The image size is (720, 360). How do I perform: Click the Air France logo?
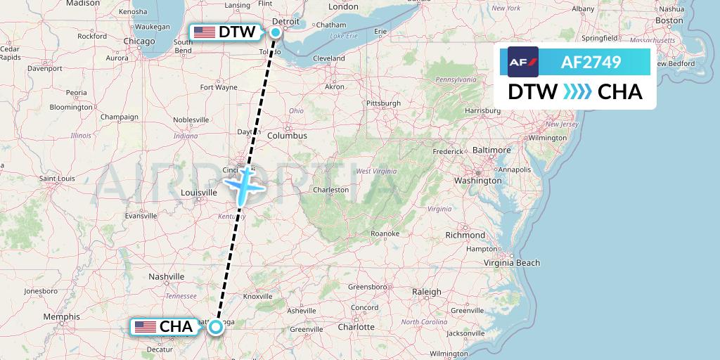[523, 62]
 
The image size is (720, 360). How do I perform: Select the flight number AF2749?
[591, 62]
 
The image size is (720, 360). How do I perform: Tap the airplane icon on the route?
[243, 186]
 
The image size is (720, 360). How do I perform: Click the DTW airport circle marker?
[276, 32]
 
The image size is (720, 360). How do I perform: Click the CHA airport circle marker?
[216, 326]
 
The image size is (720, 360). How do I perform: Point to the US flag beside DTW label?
[205, 32]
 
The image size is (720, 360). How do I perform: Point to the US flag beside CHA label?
[145, 326]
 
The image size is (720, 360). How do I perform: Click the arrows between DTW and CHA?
[577, 92]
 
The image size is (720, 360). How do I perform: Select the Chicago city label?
[139, 41]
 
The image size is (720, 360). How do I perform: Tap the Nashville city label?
[166, 277]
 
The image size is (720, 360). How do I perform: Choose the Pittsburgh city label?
[383, 103]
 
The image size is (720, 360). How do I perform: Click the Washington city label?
[478, 180]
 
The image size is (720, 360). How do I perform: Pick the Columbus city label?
[287, 135]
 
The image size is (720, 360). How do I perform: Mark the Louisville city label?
[199, 192]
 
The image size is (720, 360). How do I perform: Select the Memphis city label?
[61, 316]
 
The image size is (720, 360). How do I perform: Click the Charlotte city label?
[356, 327]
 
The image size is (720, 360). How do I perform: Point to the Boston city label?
[669, 21]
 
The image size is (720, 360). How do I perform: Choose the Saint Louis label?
[57, 179]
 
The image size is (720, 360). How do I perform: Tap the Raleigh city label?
[427, 292]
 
